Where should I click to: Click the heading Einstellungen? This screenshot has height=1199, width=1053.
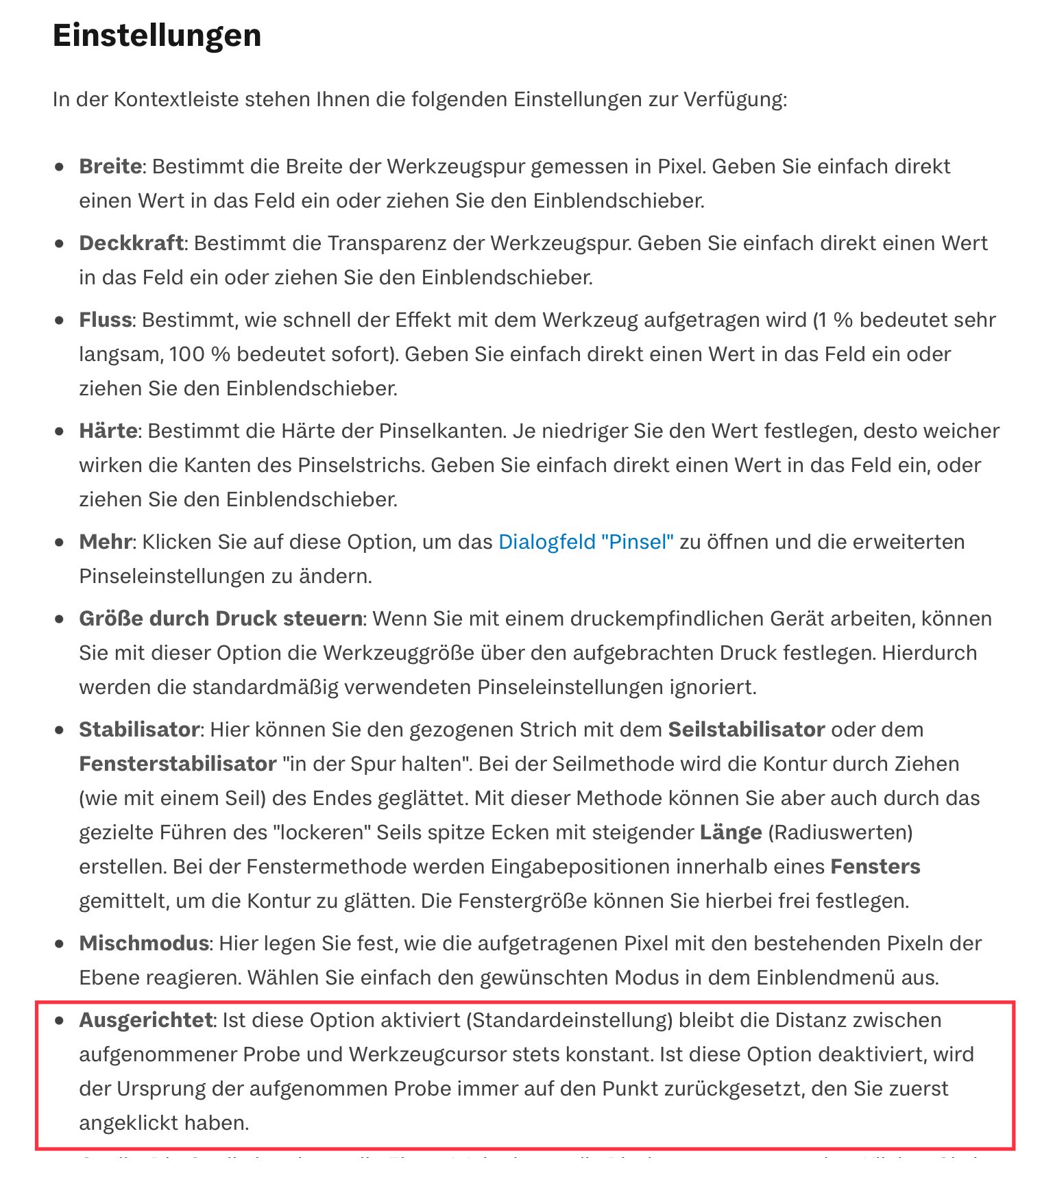click(157, 36)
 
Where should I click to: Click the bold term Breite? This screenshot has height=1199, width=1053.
click(110, 166)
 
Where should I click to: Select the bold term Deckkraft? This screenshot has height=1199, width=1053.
click(131, 243)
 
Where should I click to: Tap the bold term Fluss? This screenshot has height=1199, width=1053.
click(106, 320)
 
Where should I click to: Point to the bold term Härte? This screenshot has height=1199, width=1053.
click(108, 431)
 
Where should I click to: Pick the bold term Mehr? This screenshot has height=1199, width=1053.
click(105, 542)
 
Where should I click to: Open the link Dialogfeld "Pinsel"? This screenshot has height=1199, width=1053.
click(585, 542)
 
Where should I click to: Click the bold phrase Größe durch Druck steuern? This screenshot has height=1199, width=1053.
click(221, 619)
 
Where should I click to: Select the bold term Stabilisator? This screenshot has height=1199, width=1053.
click(139, 730)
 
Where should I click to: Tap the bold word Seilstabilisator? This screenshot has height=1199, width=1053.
click(746, 730)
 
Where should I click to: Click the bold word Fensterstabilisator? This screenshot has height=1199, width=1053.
click(178, 764)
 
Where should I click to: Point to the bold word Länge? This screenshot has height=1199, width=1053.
click(731, 832)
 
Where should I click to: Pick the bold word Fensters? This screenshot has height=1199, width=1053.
click(875, 867)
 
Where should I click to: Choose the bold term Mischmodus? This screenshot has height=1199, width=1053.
click(144, 943)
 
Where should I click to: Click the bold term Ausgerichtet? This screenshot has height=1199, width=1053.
click(146, 1020)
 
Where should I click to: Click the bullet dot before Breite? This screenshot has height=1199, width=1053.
click(60, 166)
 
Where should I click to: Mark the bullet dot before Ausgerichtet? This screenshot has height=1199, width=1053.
click(60, 1020)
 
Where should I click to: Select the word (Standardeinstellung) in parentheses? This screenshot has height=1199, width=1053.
click(569, 1020)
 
